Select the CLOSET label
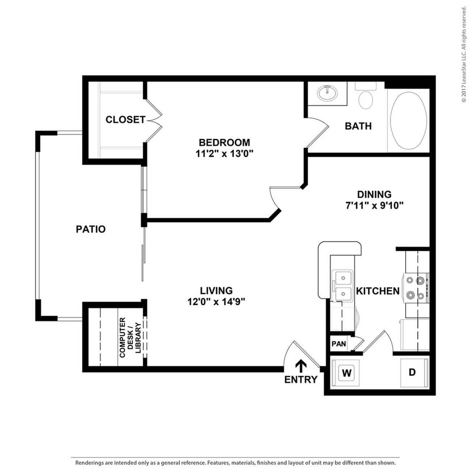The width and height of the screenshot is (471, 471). click(x=126, y=119)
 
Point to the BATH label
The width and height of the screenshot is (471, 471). click(x=358, y=126)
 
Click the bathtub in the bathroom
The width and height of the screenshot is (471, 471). click(x=408, y=121)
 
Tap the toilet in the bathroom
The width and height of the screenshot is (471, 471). click(x=366, y=98)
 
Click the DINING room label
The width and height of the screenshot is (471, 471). click(x=374, y=194)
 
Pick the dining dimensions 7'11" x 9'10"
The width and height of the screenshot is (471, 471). click(x=374, y=205)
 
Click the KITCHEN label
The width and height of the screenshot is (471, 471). click(x=378, y=291)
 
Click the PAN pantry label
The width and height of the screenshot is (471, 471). click(x=338, y=344)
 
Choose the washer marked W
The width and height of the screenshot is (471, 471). click(x=346, y=372)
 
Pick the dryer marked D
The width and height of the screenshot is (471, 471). click(x=412, y=372)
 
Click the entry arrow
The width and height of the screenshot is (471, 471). click(x=301, y=366)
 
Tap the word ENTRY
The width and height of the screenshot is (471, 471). click(x=301, y=380)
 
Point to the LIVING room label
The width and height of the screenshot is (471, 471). click(x=216, y=291)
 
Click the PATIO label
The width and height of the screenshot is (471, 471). click(x=90, y=229)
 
